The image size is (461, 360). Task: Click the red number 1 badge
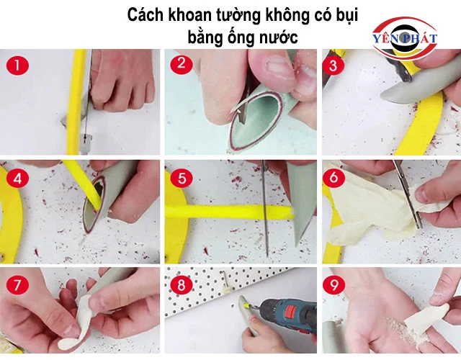coord(17,65)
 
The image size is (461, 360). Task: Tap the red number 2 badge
coord(182,63)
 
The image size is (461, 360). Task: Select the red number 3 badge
coord(333,66)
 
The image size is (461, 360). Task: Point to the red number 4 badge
coord(17,179)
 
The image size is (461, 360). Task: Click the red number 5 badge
coord(182,178)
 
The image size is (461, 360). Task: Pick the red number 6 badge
coord(334,178)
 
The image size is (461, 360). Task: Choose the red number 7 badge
coord(17,285)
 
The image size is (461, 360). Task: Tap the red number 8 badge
coord(182,285)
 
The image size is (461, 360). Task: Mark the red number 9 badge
coord(334,285)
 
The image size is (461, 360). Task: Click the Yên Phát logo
coord(405,38)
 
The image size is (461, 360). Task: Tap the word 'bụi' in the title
coord(347,16)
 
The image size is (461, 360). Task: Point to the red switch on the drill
coord(290,311)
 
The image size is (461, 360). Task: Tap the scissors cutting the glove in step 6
coord(408,194)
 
